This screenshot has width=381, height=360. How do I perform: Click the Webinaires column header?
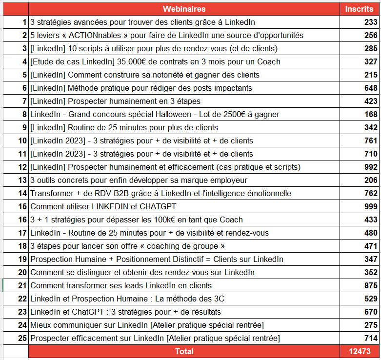184,9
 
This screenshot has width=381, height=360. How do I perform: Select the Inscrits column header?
359,9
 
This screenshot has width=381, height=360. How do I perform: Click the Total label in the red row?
184,351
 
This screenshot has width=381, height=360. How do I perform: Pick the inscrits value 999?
370,206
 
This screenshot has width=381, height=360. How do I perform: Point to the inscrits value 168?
370,114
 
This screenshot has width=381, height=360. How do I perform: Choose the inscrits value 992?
370,167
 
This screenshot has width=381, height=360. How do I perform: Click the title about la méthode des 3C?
127,299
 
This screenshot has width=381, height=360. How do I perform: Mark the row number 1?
24,22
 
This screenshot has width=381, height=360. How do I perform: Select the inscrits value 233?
370,22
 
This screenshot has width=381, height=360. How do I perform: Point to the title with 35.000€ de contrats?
155,61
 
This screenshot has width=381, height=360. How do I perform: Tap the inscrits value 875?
370,285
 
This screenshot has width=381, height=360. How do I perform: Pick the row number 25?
22,338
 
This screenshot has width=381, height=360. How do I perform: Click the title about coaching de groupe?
127,246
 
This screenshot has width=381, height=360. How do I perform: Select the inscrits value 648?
370,88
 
